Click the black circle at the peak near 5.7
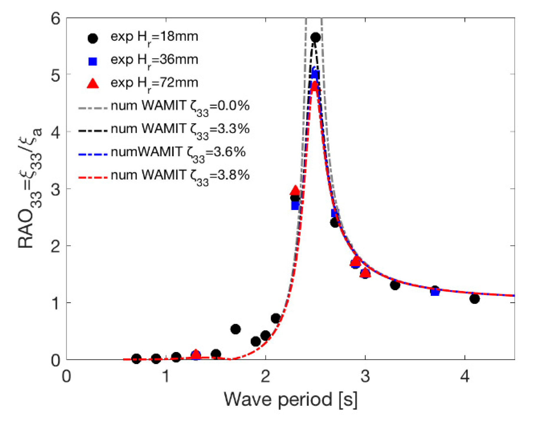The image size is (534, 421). click(315, 37)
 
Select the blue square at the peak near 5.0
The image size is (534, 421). click(315, 74)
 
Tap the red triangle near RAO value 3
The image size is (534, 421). click(295, 191)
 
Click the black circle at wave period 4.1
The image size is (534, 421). click(474, 299)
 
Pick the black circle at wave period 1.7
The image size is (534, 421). click(235, 329)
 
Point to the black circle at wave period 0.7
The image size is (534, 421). click(136, 359)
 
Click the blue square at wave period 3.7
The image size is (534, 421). click(435, 292)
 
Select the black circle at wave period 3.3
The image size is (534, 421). click(395, 285)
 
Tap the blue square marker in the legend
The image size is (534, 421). click(93, 61)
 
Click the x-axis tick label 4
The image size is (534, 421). click(465, 376)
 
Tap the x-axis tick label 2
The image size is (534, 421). click(266, 376)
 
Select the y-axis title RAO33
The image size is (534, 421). click(29, 189)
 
